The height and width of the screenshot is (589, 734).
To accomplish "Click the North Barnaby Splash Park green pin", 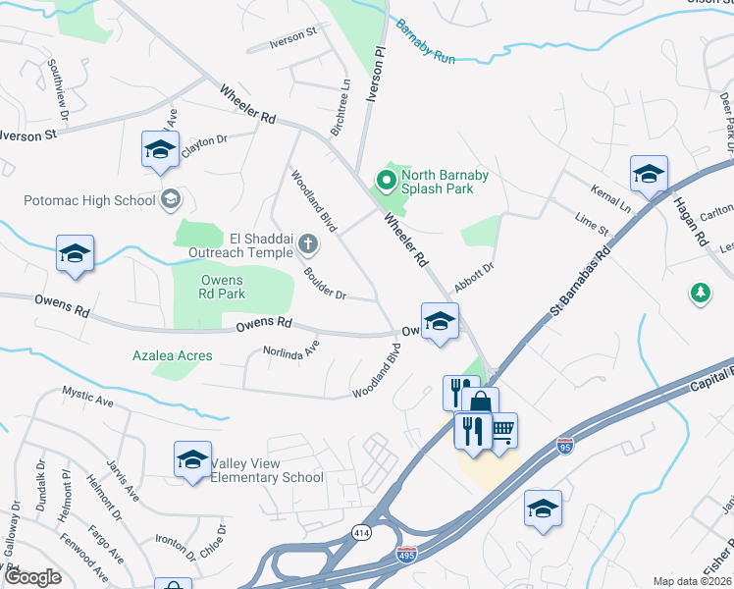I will [386, 181].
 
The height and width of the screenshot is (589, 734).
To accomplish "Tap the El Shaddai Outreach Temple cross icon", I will [308, 243].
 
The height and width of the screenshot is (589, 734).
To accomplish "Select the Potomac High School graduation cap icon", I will [171, 200].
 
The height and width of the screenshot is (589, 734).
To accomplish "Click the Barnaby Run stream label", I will [426, 41].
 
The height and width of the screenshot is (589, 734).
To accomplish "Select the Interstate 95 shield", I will [564, 445].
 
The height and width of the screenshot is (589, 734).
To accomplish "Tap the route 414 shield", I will [361, 532].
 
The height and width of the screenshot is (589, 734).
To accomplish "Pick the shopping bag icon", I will [481, 402].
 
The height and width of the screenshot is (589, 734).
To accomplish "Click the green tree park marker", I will [700, 293].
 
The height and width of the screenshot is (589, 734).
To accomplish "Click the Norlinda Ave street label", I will [290, 349].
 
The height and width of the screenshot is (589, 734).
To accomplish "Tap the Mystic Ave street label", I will [89, 398].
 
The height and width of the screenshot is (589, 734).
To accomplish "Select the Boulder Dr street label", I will [325, 284].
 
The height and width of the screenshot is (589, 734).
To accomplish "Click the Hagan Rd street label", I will [690, 221].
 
